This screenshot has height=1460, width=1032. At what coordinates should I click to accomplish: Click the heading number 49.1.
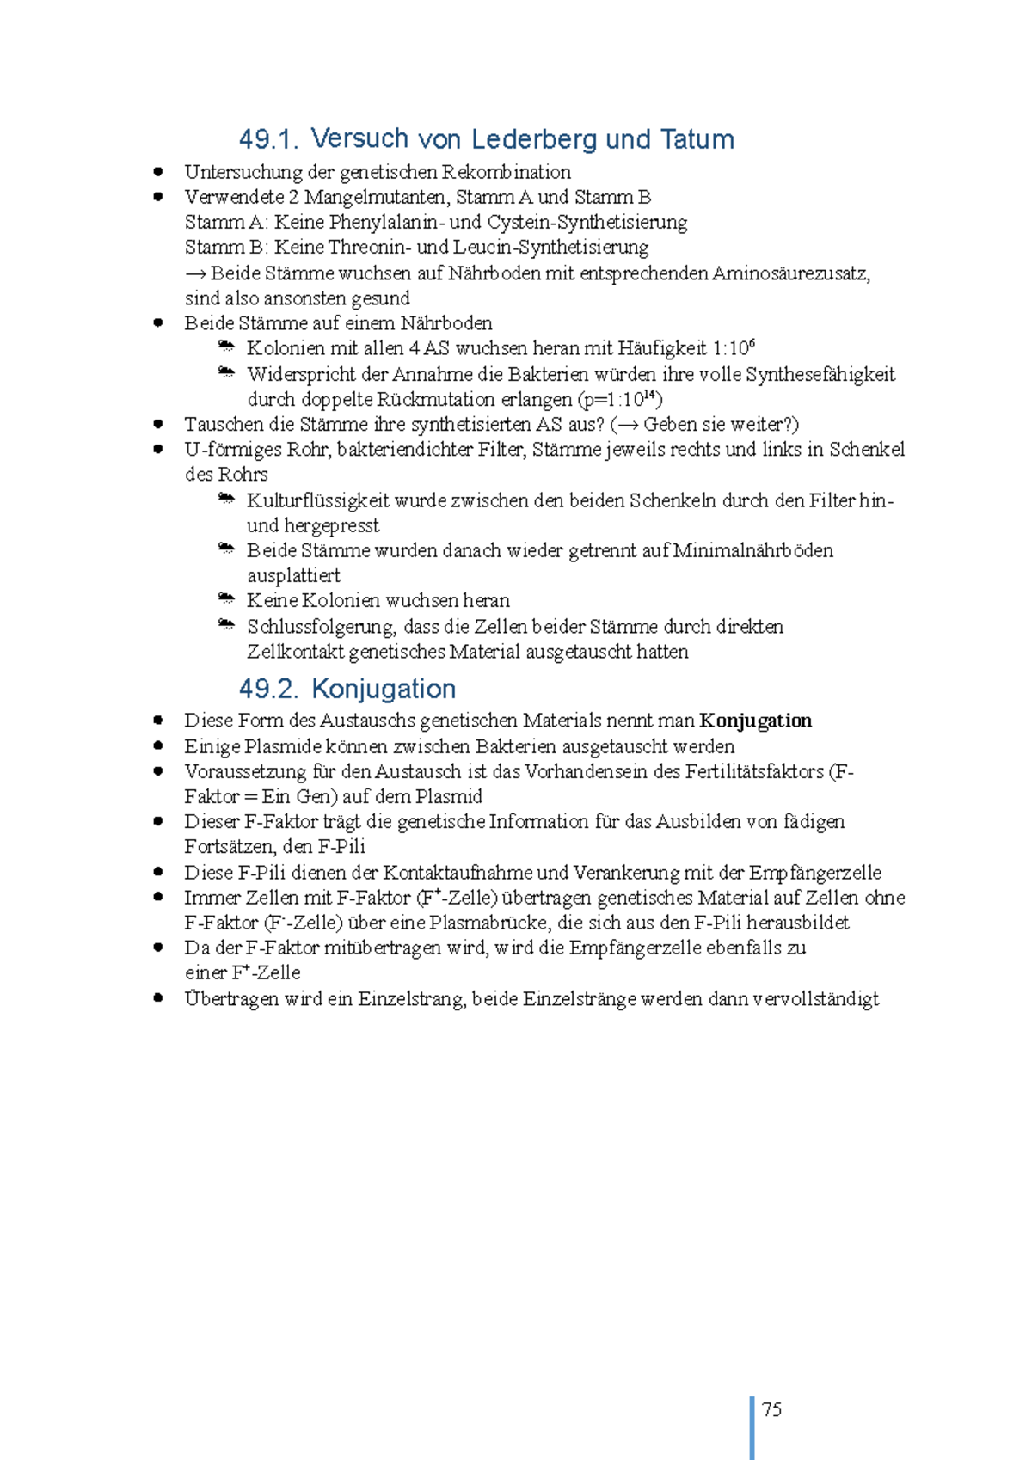(x=269, y=139)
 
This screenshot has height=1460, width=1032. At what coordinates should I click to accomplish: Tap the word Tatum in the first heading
(x=697, y=139)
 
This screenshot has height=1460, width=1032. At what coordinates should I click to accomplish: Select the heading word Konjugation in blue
(x=384, y=689)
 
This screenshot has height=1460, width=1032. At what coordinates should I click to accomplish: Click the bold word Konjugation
(x=755, y=721)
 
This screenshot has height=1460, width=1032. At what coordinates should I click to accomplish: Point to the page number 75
(x=771, y=1409)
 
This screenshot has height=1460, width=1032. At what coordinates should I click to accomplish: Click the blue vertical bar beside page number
(x=752, y=1427)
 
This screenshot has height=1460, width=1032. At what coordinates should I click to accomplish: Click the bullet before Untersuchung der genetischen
(x=158, y=172)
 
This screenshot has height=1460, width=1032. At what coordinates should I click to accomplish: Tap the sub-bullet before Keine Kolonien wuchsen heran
(x=226, y=598)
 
